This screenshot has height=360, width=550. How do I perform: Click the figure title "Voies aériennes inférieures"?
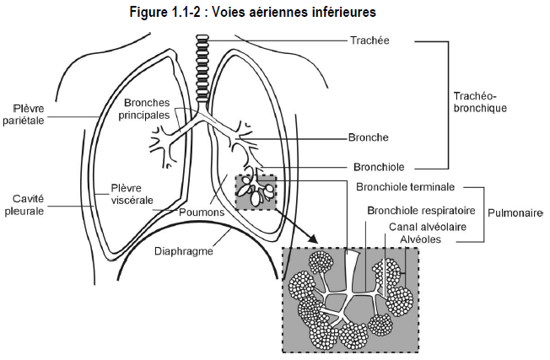click(294, 12)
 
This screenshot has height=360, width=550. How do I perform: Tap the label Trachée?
click(369, 40)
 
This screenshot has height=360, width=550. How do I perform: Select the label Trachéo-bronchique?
click(480, 102)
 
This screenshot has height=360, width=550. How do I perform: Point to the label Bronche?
click(369, 137)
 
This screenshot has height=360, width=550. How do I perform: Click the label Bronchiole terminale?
click(405, 187)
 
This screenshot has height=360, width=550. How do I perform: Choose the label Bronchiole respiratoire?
click(421, 210)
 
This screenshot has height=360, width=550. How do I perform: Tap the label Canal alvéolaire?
click(428, 227)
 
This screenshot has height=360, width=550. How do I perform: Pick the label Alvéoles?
click(421, 239)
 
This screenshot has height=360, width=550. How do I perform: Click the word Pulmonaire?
click(515, 212)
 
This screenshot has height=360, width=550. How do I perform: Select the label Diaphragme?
click(184, 251)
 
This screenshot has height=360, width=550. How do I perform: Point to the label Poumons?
click(202, 212)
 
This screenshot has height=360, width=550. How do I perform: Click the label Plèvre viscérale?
click(132, 194)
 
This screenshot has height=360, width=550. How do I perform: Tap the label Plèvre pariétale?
click(24, 115)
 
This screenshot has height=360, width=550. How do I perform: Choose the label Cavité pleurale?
click(24, 205)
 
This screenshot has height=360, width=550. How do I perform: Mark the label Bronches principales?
click(143, 109)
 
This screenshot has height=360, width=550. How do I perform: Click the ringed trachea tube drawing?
click(202, 68)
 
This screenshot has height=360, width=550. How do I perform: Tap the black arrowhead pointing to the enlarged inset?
click(311, 238)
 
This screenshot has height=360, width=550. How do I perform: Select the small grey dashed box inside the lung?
click(256, 193)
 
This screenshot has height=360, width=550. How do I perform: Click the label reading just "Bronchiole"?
click(379, 167)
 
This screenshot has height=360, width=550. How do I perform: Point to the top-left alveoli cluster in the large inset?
click(321, 262)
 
